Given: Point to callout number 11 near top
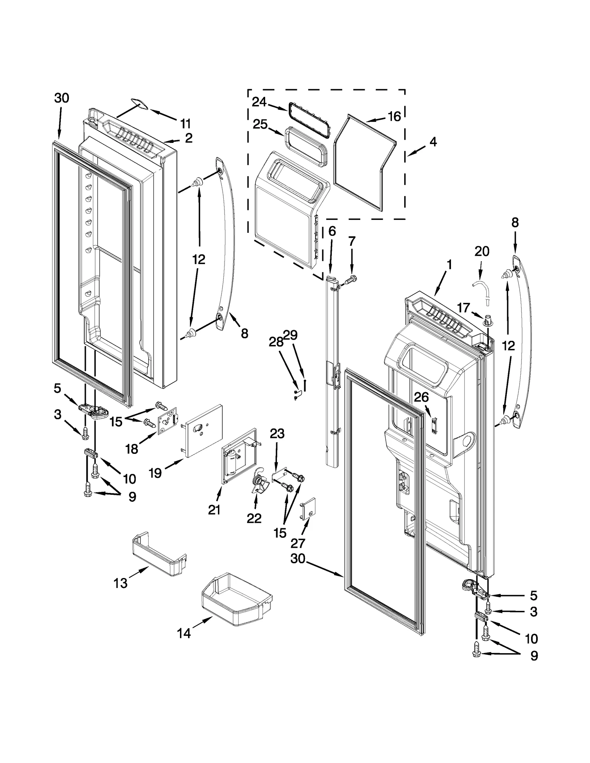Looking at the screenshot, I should pos(185,123).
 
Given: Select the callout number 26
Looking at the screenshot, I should pos(421,397).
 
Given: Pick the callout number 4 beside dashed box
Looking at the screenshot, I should pos(433,141).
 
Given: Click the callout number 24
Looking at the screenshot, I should pos(259,102).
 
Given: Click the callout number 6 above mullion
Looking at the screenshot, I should pos(332,231).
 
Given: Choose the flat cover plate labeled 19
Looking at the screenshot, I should pos(203,430).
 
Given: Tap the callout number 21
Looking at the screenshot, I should pos(214,510).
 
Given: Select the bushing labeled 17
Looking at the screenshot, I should pos(488,320).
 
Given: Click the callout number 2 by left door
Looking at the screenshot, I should pos(188,138).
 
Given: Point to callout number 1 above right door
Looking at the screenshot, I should pos(449,265).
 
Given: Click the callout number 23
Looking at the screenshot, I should pos(277,434).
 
